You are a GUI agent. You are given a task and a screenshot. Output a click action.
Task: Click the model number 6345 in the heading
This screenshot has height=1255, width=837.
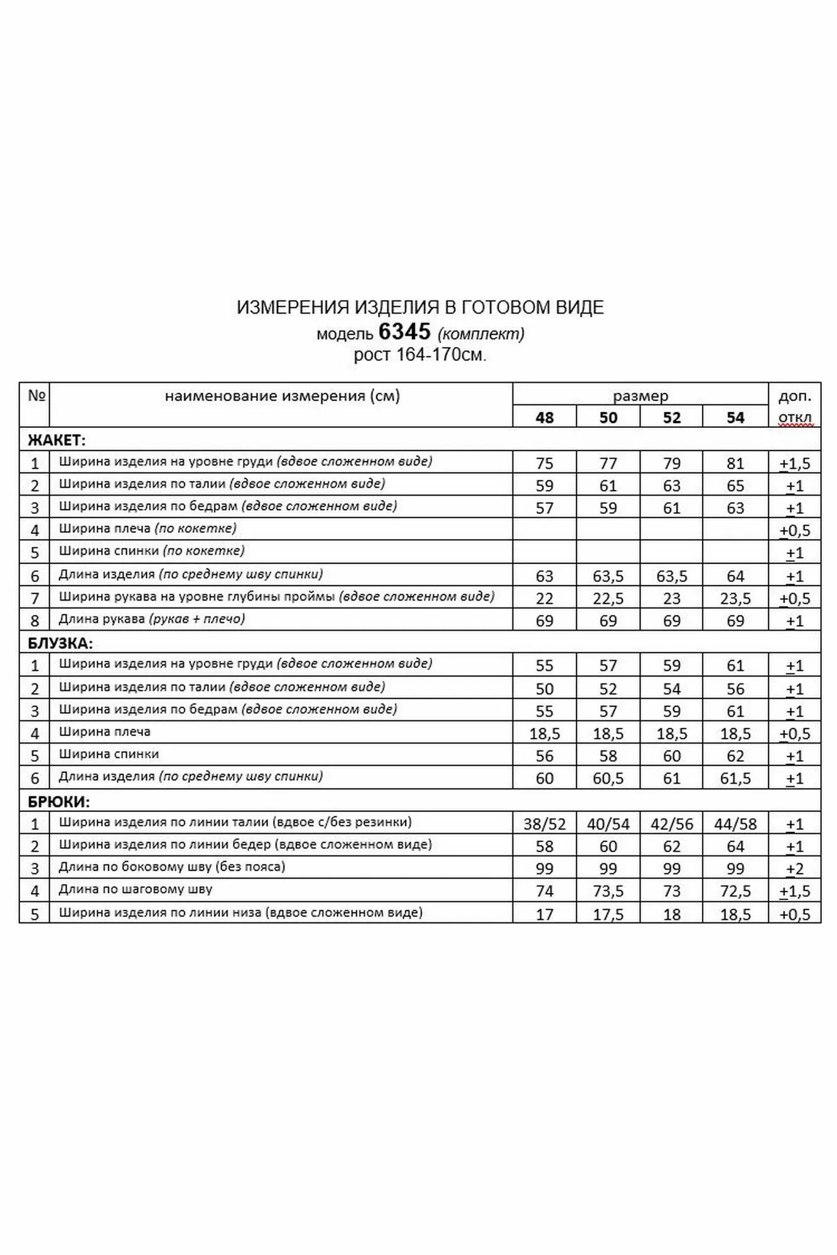404,331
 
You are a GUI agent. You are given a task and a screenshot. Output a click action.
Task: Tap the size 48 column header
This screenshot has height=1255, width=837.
544,418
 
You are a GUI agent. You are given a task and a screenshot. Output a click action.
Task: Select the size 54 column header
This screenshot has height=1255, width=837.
735,418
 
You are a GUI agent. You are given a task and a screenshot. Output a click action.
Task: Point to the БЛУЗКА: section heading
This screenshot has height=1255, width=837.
60,643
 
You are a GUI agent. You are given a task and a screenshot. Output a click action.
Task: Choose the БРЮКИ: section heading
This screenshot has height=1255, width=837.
58,801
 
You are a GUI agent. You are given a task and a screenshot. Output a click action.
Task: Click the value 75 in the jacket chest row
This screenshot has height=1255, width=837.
544,464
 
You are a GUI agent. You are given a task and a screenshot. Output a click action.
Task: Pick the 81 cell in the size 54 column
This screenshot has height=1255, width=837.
735,464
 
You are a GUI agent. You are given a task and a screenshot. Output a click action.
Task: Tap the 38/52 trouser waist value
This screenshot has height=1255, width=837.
544,824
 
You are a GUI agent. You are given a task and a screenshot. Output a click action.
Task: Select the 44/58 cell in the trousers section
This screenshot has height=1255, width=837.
735,824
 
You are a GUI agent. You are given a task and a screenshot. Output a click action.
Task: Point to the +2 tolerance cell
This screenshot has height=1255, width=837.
795,869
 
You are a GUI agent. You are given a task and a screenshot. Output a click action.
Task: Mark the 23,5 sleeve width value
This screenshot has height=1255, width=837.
735,599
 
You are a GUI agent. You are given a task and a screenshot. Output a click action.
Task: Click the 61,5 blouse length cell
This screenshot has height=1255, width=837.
735,779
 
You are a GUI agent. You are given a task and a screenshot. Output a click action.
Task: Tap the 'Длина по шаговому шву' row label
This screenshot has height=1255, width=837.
136,889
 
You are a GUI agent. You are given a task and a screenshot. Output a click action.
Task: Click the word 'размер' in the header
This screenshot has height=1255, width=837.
640,396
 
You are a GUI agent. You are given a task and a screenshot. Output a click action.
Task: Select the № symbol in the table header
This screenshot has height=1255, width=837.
36,395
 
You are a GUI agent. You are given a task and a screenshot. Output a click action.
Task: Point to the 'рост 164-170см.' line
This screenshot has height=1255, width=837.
420,355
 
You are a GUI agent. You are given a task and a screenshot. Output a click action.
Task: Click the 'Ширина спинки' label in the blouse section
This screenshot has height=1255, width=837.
109,754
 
